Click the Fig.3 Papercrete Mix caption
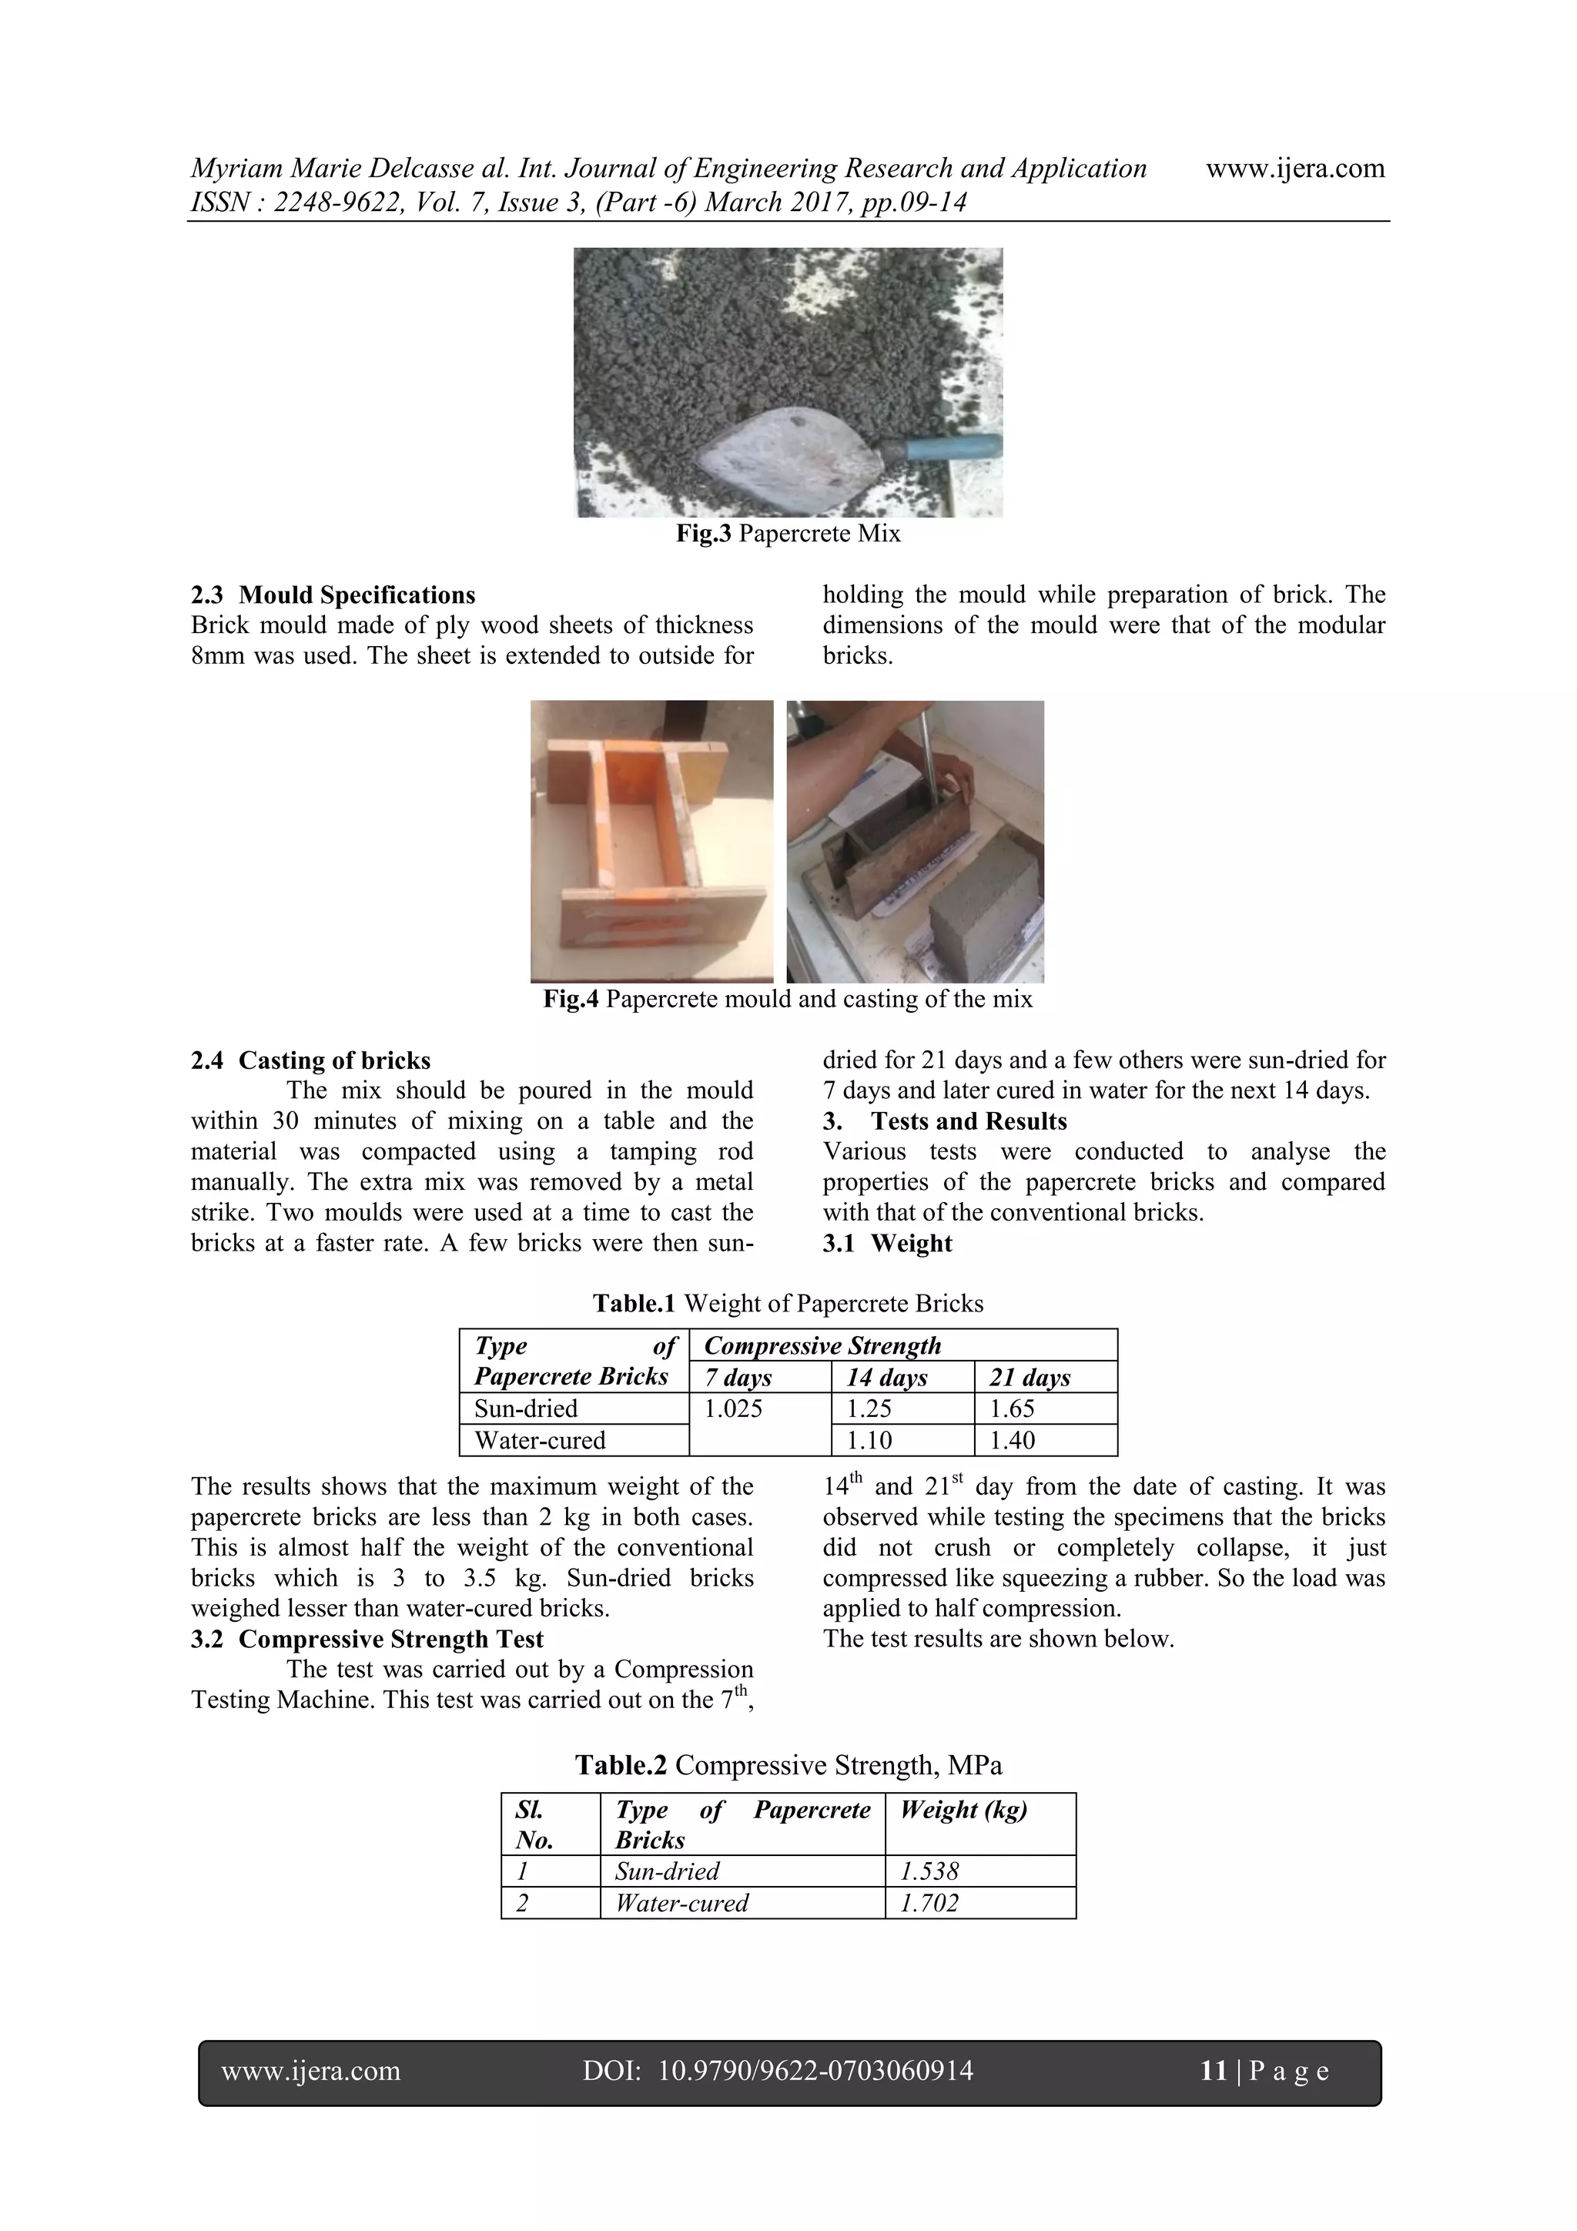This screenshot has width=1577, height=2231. point(788,534)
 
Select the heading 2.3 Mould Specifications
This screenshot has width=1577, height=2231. point(333,595)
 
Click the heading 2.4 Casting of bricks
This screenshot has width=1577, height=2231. point(311,1060)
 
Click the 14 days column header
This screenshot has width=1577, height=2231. point(886,1377)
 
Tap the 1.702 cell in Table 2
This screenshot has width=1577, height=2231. point(930,1903)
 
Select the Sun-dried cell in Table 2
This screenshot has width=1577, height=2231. point(668,1871)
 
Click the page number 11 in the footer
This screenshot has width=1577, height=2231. point(1214,2071)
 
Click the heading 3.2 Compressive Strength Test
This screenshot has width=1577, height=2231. point(367,1640)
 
